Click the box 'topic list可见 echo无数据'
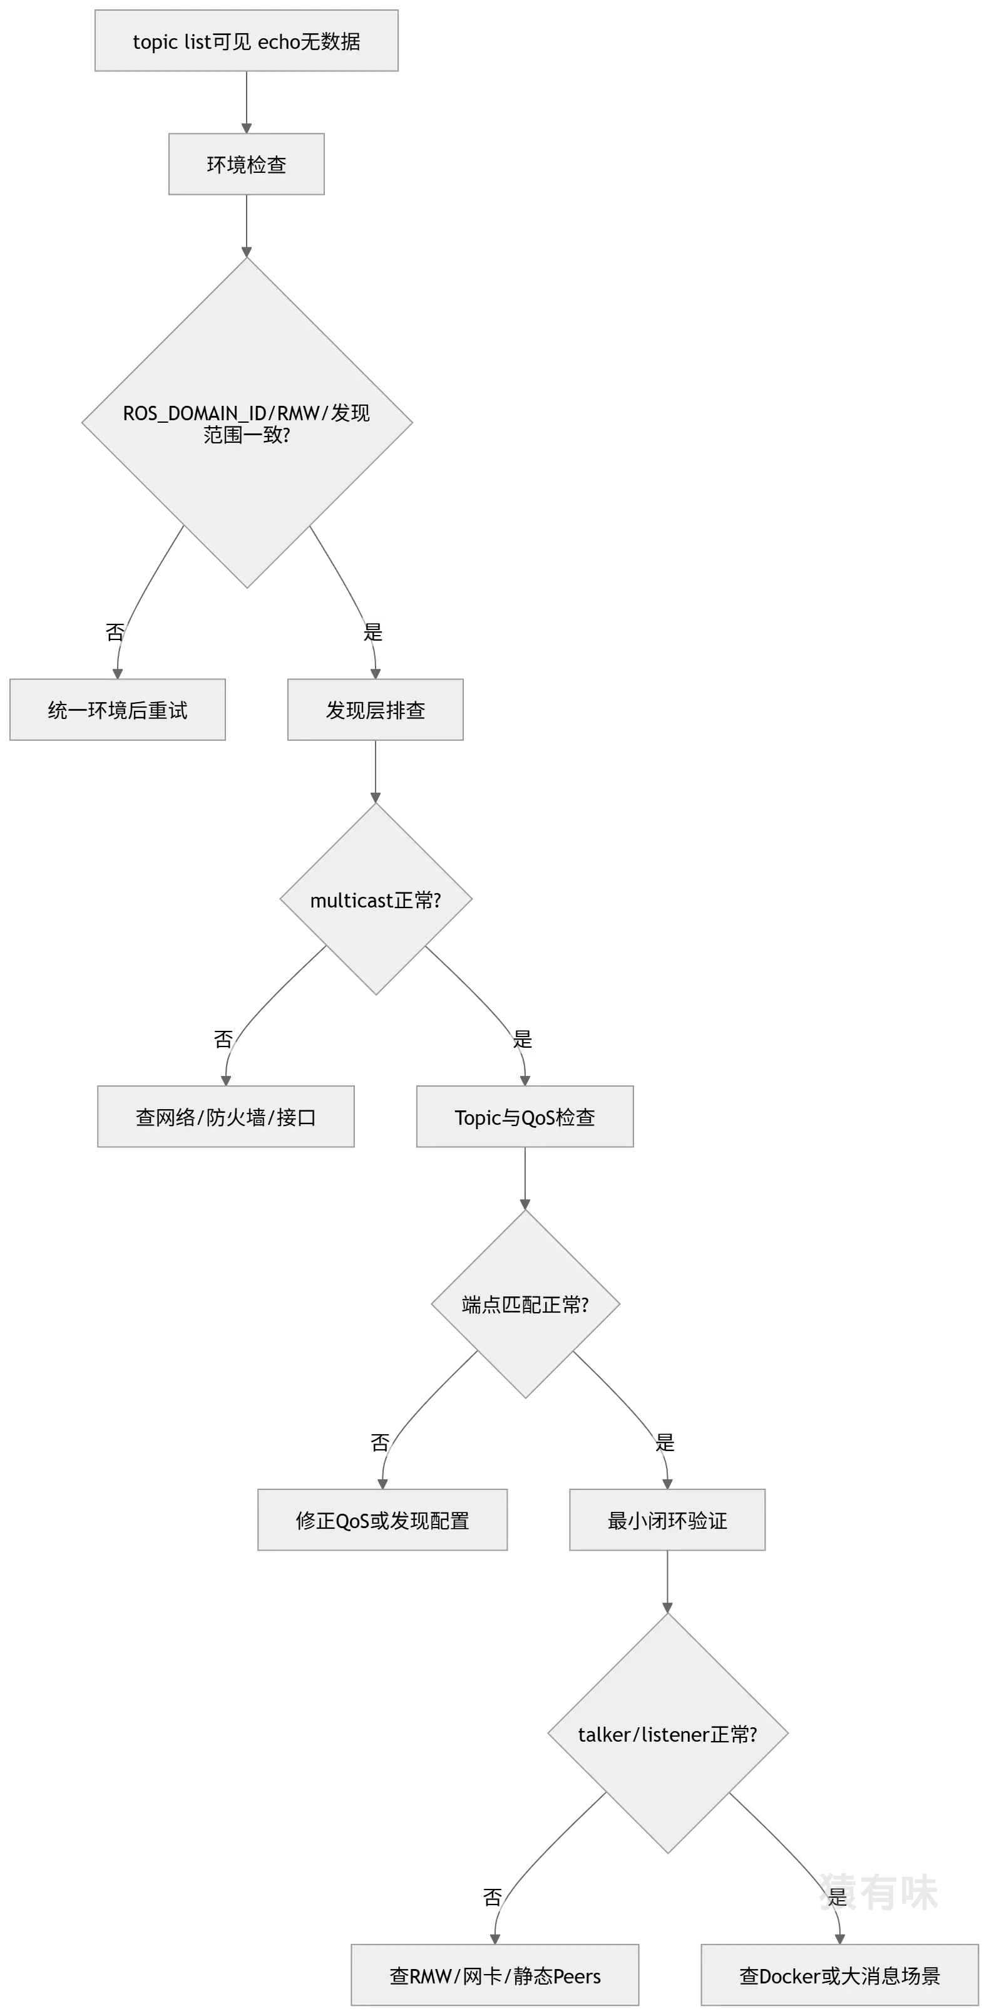point(245,41)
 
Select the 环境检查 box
point(245,163)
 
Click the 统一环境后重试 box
point(118,710)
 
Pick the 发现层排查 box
point(376,710)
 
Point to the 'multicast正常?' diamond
point(376,900)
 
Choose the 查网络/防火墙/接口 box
point(225,1117)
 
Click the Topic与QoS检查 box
point(525,1117)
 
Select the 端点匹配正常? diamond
point(525,1305)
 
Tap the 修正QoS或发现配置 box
point(382,1521)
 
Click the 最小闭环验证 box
point(667,1521)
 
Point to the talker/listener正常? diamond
point(667,1735)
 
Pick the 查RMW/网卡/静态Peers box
point(495,1976)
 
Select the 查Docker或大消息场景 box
point(839,1976)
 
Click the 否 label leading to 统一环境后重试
point(115,631)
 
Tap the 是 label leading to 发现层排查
point(372,631)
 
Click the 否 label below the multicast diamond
point(225,1039)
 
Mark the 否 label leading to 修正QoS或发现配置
point(381,1442)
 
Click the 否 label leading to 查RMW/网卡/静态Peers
point(491,1897)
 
